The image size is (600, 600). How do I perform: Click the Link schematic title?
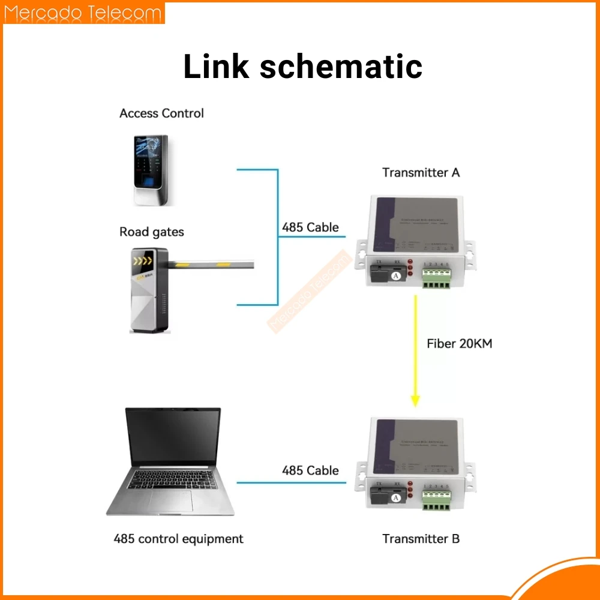302,66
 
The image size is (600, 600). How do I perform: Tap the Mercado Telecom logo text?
83,14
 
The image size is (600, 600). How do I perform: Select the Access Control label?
161,113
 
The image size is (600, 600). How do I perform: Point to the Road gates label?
152,232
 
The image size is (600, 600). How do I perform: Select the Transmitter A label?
421,173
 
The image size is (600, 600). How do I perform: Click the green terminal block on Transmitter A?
436,277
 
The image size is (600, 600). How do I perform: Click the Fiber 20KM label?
460,344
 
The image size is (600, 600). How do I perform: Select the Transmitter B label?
421,538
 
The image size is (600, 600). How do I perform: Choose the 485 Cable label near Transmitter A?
310,227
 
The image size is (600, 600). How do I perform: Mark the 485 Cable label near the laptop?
310,470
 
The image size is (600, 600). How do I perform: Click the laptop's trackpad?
171,500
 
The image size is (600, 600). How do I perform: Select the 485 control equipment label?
178,538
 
